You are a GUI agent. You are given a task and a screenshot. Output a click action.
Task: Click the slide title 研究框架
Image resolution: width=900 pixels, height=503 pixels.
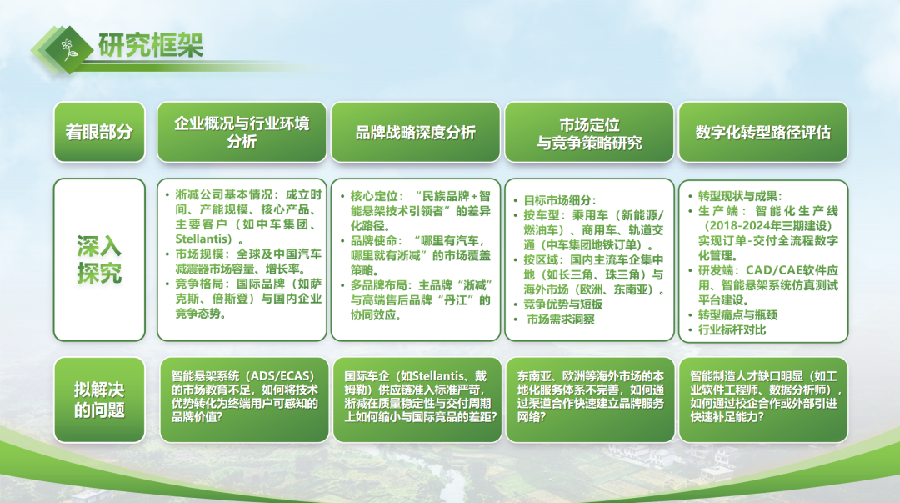pyautogui.click(x=150, y=45)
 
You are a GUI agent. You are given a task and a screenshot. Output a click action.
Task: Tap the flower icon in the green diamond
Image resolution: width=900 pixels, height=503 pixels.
pyautogui.click(x=69, y=49)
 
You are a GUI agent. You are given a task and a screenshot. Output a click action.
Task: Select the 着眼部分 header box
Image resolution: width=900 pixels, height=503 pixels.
pyautogui.click(x=99, y=133)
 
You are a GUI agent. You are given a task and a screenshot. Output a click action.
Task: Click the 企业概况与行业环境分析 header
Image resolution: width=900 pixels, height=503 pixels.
pyautogui.click(x=242, y=133)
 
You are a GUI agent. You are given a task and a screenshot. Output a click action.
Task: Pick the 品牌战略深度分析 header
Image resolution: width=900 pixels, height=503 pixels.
pyautogui.click(x=416, y=133)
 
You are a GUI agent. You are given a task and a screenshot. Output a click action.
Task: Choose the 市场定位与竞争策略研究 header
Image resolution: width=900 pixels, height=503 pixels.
pyautogui.click(x=589, y=133)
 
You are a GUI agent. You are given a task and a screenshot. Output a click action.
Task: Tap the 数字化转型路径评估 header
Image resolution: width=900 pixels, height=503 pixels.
pyautogui.click(x=762, y=133)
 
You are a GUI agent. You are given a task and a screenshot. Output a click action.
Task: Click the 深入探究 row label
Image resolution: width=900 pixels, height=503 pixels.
pyautogui.click(x=99, y=259)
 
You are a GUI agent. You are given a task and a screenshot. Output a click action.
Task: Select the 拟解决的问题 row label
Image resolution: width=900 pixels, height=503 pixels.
pyautogui.click(x=99, y=400)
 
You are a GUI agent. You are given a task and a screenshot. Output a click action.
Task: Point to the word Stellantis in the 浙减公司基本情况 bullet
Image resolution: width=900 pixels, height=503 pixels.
pyautogui.click(x=204, y=239)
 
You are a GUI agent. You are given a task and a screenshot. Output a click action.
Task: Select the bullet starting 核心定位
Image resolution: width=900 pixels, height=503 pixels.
pyautogui.click(x=416, y=210)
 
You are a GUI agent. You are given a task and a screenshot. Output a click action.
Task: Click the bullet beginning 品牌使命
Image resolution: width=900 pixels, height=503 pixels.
pyautogui.click(x=416, y=255)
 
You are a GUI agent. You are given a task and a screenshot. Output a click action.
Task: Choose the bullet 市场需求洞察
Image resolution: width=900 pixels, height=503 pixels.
pyautogui.click(x=555, y=319)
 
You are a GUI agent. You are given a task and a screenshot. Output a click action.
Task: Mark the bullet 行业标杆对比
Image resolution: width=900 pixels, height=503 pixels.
pyautogui.click(x=727, y=330)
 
